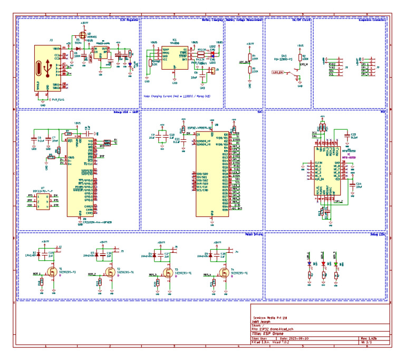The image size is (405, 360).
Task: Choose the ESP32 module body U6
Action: [x=212, y=172]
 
